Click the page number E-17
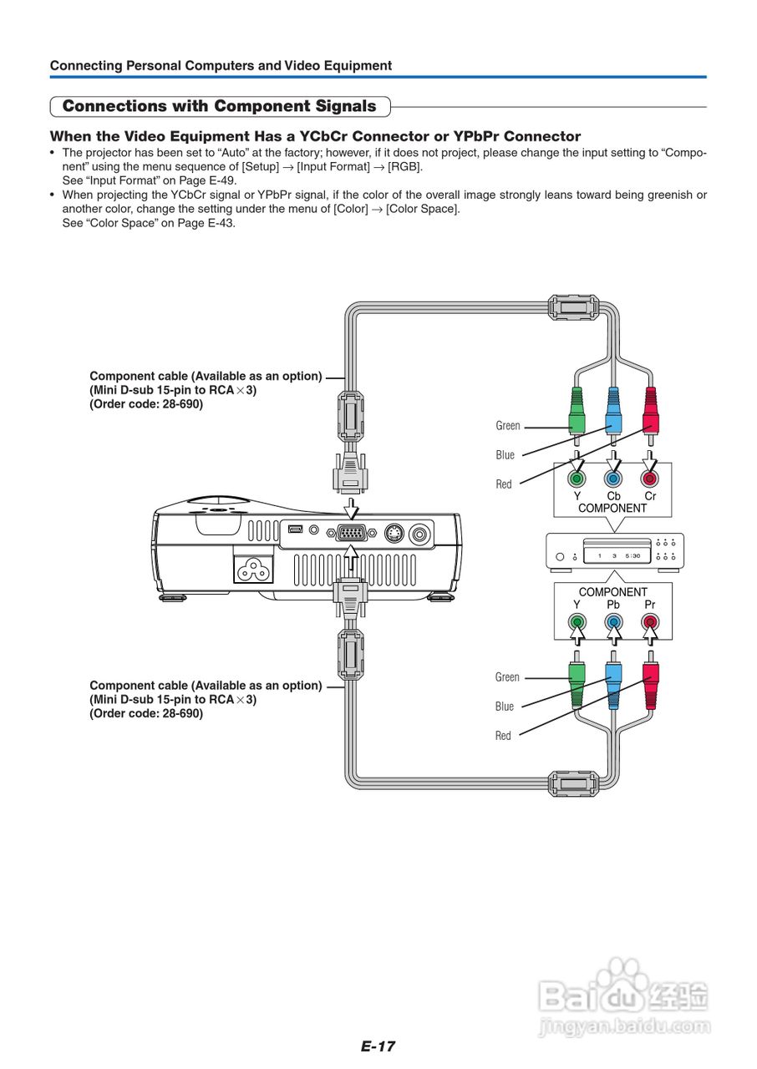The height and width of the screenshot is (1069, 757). click(x=378, y=1046)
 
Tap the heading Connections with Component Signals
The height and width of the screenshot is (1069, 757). click(x=220, y=106)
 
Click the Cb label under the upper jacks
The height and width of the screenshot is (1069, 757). click(x=613, y=496)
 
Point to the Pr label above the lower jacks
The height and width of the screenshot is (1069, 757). click(x=649, y=605)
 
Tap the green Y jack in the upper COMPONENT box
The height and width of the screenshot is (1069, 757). click(x=577, y=478)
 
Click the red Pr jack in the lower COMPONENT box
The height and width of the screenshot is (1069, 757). click(x=649, y=622)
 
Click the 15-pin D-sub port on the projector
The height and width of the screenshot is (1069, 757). click(x=351, y=533)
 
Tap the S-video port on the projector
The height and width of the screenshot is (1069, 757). click(x=394, y=533)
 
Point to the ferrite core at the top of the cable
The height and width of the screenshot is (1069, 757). click(x=572, y=308)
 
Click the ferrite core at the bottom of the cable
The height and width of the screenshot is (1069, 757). click(x=572, y=783)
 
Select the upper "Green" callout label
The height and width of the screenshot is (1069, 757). click(x=508, y=426)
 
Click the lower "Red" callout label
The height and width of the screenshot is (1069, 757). click(x=503, y=736)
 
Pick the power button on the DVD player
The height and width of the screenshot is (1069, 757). click(x=560, y=556)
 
